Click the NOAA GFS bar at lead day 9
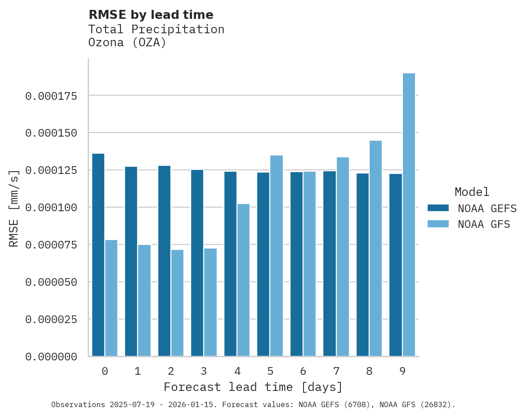click(x=409, y=215)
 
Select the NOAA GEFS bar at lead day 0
click(x=98, y=255)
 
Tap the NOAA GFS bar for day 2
click(x=177, y=303)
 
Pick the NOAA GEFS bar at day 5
click(x=263, y=264)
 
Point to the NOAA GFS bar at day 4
click(x=243, y=280)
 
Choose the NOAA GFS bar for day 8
click(x=375, y=248)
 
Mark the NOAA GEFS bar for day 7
click(x=330, y=264)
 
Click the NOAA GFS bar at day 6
click(x=309, y=264)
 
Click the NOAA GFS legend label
click(x=484, y=224)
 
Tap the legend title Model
click(x=472, y=192)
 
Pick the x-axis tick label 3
click(x=204, y=371)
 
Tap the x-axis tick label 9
click(x=402, y=371)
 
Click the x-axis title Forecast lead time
click(x=253, y=387)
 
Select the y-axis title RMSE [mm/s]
click(x=14, y=208)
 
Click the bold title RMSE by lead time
click(x=151, y=15)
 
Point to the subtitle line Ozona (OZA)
click(x=127, y=43)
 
